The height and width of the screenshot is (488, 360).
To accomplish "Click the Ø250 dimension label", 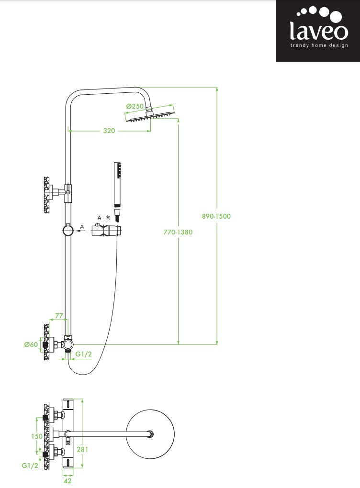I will pyautogui.click(x=135, y=106).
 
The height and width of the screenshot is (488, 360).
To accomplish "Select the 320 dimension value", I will pyautogui.click(x=109, y=130).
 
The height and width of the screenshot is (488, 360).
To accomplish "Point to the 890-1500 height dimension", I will pyautogui.click(x=216, y=216).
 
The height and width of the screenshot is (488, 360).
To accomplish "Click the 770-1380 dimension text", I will pyautogui.click(x=178, y=232).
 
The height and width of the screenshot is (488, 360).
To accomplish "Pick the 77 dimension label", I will pyautogui.click(x=59, y=316).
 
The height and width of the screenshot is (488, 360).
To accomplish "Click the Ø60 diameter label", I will pyautogui.click(x=31, y=344).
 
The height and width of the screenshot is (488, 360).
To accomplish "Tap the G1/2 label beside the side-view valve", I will pyautogui.click(x=83, y=354).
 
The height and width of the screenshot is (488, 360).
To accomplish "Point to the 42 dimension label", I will pyautogui.click(x=67, y=481).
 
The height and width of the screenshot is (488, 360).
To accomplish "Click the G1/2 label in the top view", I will pyautogui.click(x=30, y=465).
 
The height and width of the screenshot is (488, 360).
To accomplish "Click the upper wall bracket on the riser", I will pyautogui.click(x=57, y=192).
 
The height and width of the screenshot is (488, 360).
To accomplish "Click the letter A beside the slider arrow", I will pyautogui.click(x=82, y=226).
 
